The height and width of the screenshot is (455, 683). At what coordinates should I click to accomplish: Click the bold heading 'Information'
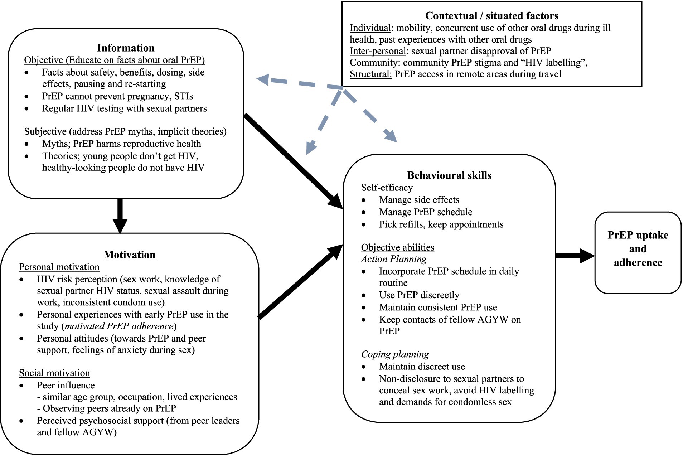(x=126, y=48)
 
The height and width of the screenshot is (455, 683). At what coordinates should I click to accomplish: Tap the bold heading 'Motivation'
(x=130, y=255)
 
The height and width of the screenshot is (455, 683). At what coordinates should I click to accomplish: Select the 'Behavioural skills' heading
(x=449, y=175)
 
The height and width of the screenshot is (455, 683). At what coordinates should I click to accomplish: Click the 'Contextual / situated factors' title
(x=491, y=16)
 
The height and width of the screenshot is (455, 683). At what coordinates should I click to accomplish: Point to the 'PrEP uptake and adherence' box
(x=638, y=252)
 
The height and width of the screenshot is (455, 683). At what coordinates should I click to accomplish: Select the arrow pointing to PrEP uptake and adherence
(x=575, y=256)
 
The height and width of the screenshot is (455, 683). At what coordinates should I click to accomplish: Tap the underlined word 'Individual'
(x=370, y=28)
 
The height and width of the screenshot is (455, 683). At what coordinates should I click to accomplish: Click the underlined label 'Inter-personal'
(x=378, y=51)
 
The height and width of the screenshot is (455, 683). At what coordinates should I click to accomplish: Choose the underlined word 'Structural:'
(x=370, y=74)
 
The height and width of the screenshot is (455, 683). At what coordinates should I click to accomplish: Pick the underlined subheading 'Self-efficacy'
(x=387, y=188)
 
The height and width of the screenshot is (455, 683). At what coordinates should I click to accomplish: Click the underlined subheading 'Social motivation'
(x=54, y=373)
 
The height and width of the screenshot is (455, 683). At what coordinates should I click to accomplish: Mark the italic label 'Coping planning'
(x=395, y=354)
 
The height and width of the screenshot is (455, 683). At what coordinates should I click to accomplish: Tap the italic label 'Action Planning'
(x=394, y=259)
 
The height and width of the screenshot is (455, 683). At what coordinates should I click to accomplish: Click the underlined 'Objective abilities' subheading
(x=397, y=247)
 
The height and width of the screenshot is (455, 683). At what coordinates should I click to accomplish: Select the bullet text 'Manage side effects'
(x=419, y=200)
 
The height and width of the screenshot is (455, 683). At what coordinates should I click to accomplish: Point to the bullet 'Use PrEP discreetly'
(x=419, y=295)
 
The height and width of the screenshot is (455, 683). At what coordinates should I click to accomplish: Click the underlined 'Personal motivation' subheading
(x=59, y=267)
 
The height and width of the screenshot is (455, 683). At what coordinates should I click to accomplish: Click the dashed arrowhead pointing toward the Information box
(x=263, y=79)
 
